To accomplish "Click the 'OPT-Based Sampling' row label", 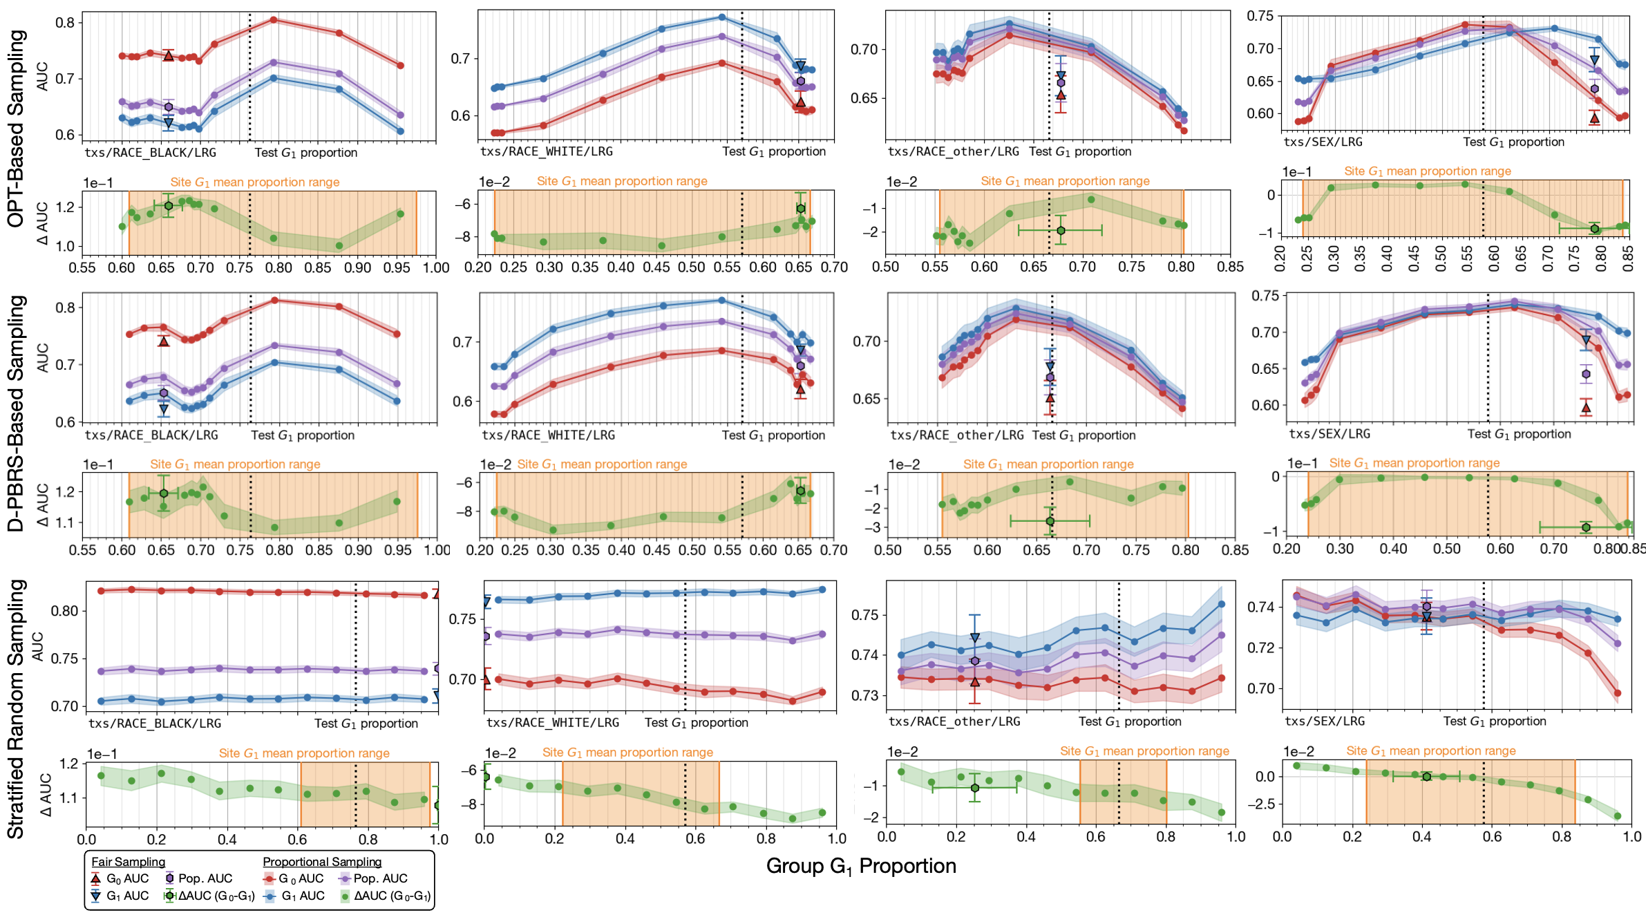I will click(x=15, y=129).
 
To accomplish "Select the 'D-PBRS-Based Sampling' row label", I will click(x=15, y=413).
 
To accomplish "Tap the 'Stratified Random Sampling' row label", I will click(x=15, y=709).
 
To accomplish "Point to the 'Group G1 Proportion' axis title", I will click(x=861, y=866).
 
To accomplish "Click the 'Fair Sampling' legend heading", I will click(x=129, y=862).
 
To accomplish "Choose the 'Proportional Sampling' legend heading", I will click(x=322, y=862).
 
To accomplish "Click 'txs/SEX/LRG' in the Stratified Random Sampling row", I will click(x=1325, y=721).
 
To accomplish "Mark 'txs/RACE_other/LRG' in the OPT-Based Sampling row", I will click(x=953, y=151).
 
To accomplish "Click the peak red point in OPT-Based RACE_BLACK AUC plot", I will click(x=274, y=20).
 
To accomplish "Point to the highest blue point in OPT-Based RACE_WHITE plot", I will click(x=722, y=17).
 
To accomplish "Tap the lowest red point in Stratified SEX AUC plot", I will click(x=1617, y=693).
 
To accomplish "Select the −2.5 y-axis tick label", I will click(x=1263, y=804).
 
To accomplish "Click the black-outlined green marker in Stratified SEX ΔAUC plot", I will click(x=1426, y=777).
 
